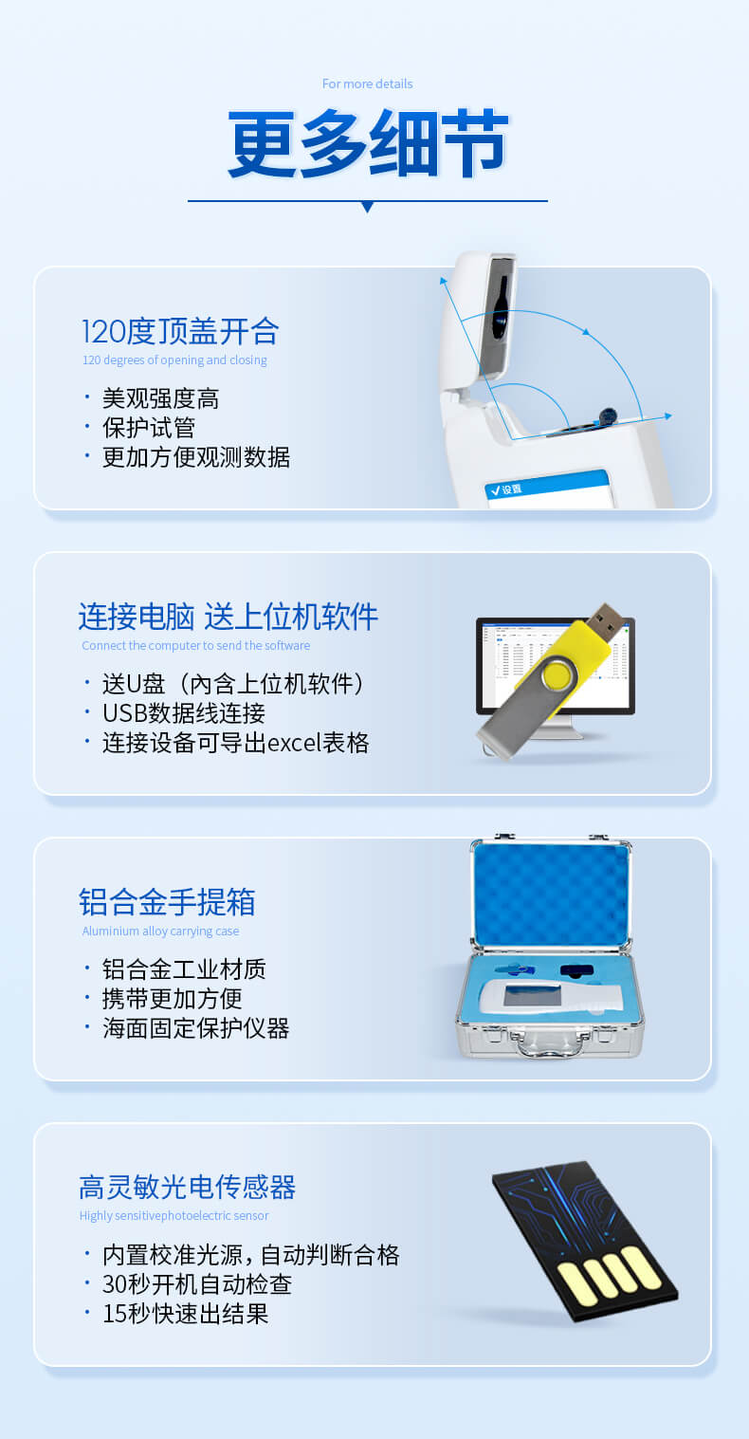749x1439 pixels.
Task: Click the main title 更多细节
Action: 368,143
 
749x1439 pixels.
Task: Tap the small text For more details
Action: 367,83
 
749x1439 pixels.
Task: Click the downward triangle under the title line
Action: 368,207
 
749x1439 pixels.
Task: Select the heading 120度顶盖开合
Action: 180,331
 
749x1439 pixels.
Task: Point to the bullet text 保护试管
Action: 149,428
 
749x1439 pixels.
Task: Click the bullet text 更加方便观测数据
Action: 196,457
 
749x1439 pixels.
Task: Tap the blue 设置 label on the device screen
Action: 512,489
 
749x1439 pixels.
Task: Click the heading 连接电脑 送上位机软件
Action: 228,617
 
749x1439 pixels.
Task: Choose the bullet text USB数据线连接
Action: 184,713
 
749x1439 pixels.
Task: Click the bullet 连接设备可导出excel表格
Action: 235,743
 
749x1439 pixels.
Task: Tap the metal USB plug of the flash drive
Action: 605,622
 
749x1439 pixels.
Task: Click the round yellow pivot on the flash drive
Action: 559,674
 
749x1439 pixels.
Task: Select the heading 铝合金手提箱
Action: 167,902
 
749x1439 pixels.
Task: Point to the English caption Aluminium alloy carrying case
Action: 160,932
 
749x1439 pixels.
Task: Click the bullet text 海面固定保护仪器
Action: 196,1028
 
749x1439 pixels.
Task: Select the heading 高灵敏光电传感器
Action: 188,1187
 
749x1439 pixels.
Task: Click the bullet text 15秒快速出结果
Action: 186,1314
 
